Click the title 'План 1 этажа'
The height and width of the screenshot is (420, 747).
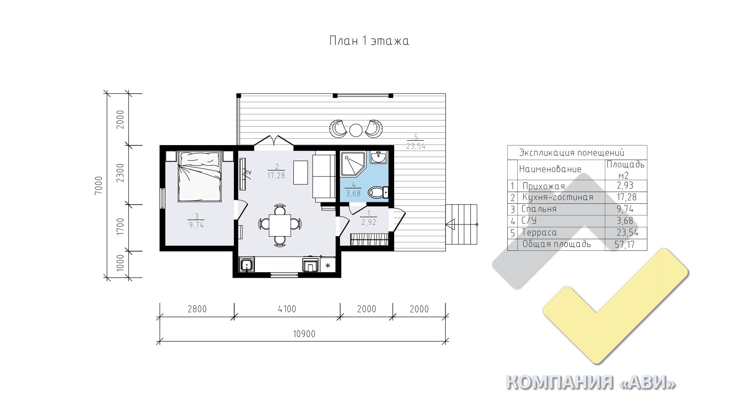pyautogui.click(x=369, y=41)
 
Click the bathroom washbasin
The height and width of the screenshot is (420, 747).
pyautogui.click(x=378, y=157)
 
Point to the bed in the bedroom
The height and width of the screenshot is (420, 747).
pyautogui.click(x=200, y=177)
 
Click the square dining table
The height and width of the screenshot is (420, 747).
pyautogui.click(x=280, y=225)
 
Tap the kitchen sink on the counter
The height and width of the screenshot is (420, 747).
pyautogui.click(x=246, y=265)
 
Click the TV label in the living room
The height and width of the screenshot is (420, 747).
pyautogui.click(x=248, y=172)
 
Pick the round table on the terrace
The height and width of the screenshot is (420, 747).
pyautogui.click(x=356, y=129)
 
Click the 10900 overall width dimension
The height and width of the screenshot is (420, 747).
pyautogui.click(x=303, y=334)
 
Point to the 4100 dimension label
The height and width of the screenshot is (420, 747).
pyautogui.click(x=287, y=309)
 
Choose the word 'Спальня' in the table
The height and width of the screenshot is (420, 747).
pyautogui.click(x=539, y=209)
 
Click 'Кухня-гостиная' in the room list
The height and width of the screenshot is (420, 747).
pyautogui.click(x=558, y=197)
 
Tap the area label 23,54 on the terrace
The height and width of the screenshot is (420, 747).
pyautogui.click(x=416, y=147)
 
